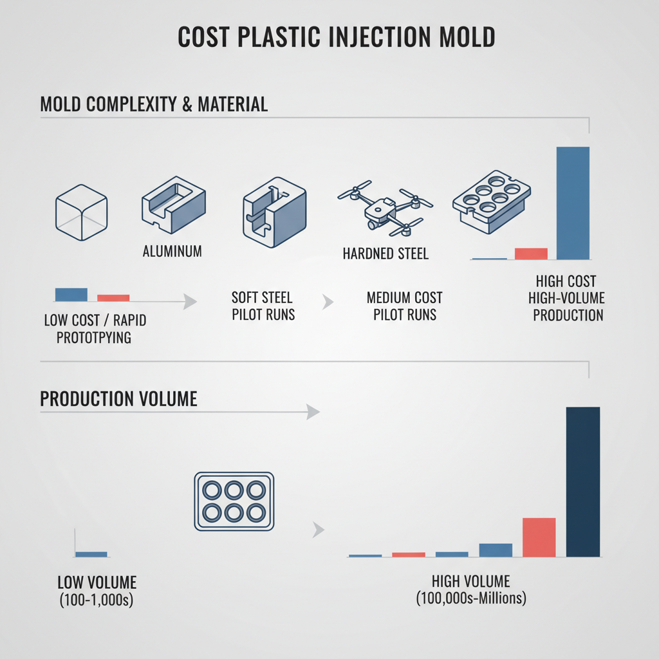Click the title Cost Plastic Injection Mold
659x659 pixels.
[x=337, y=37]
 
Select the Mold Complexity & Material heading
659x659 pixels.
[x=154, y=104]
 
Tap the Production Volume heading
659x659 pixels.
[x=118, y=398]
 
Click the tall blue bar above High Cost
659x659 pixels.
[x=572, y=203]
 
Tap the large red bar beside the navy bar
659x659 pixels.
[x=539, y=537]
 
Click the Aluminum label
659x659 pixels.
[x=172, y=251]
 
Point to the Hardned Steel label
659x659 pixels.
[x=385, y=254]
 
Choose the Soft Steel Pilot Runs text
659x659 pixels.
[x=262, y=306]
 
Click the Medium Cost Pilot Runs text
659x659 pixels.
[x=405, y=306]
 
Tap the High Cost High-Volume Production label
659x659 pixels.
[x=566, y=298]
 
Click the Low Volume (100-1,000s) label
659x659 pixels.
[x=97, y=590]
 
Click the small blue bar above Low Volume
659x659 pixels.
[x=91, y=553]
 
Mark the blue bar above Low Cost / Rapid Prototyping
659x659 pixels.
[x=71, y=294]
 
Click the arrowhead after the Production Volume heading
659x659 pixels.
[x=313, y=412]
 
